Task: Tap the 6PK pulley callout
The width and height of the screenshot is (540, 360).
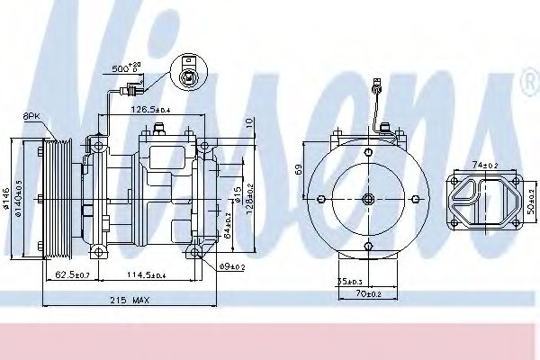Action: click(31, 117)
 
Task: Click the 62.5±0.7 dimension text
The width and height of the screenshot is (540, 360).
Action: click(72, 274)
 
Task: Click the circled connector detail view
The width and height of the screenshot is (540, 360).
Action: click(187, 76)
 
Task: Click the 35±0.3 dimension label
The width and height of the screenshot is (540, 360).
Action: click(351, 282)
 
